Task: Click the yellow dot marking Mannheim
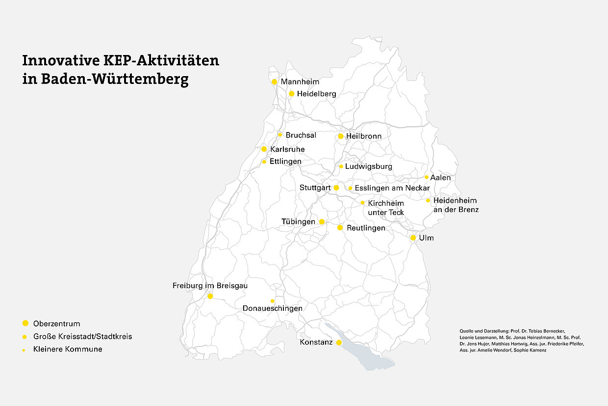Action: coord(274,81)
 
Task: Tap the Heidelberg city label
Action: coord(316,94)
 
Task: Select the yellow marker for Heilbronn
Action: coord(341,136)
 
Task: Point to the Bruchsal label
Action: coord(301,135)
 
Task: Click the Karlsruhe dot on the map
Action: coord(264,149)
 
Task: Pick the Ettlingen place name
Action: coord(285,162)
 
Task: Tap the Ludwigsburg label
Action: coord(368,166)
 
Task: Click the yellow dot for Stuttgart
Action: coord(336,188)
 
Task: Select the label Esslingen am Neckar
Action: coord(392,188)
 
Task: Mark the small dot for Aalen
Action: coord(427,177)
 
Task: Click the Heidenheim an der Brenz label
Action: coord(456,205)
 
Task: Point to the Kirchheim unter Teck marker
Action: coord(363,202)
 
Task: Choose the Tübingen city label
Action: coord(298,222)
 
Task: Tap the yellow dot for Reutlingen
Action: coord(340,228)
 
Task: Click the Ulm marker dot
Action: coord(413,238)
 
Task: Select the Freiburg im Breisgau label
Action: coord(210,286)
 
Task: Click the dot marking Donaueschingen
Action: coord(273,301)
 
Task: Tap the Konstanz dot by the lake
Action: coord(339,342)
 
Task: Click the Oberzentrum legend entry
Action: coord(56,324)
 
